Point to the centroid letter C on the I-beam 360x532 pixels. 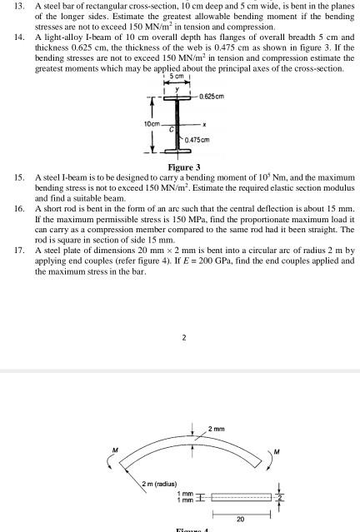(x=172, y=130)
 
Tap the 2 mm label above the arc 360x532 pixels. (x=217, y=428)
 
